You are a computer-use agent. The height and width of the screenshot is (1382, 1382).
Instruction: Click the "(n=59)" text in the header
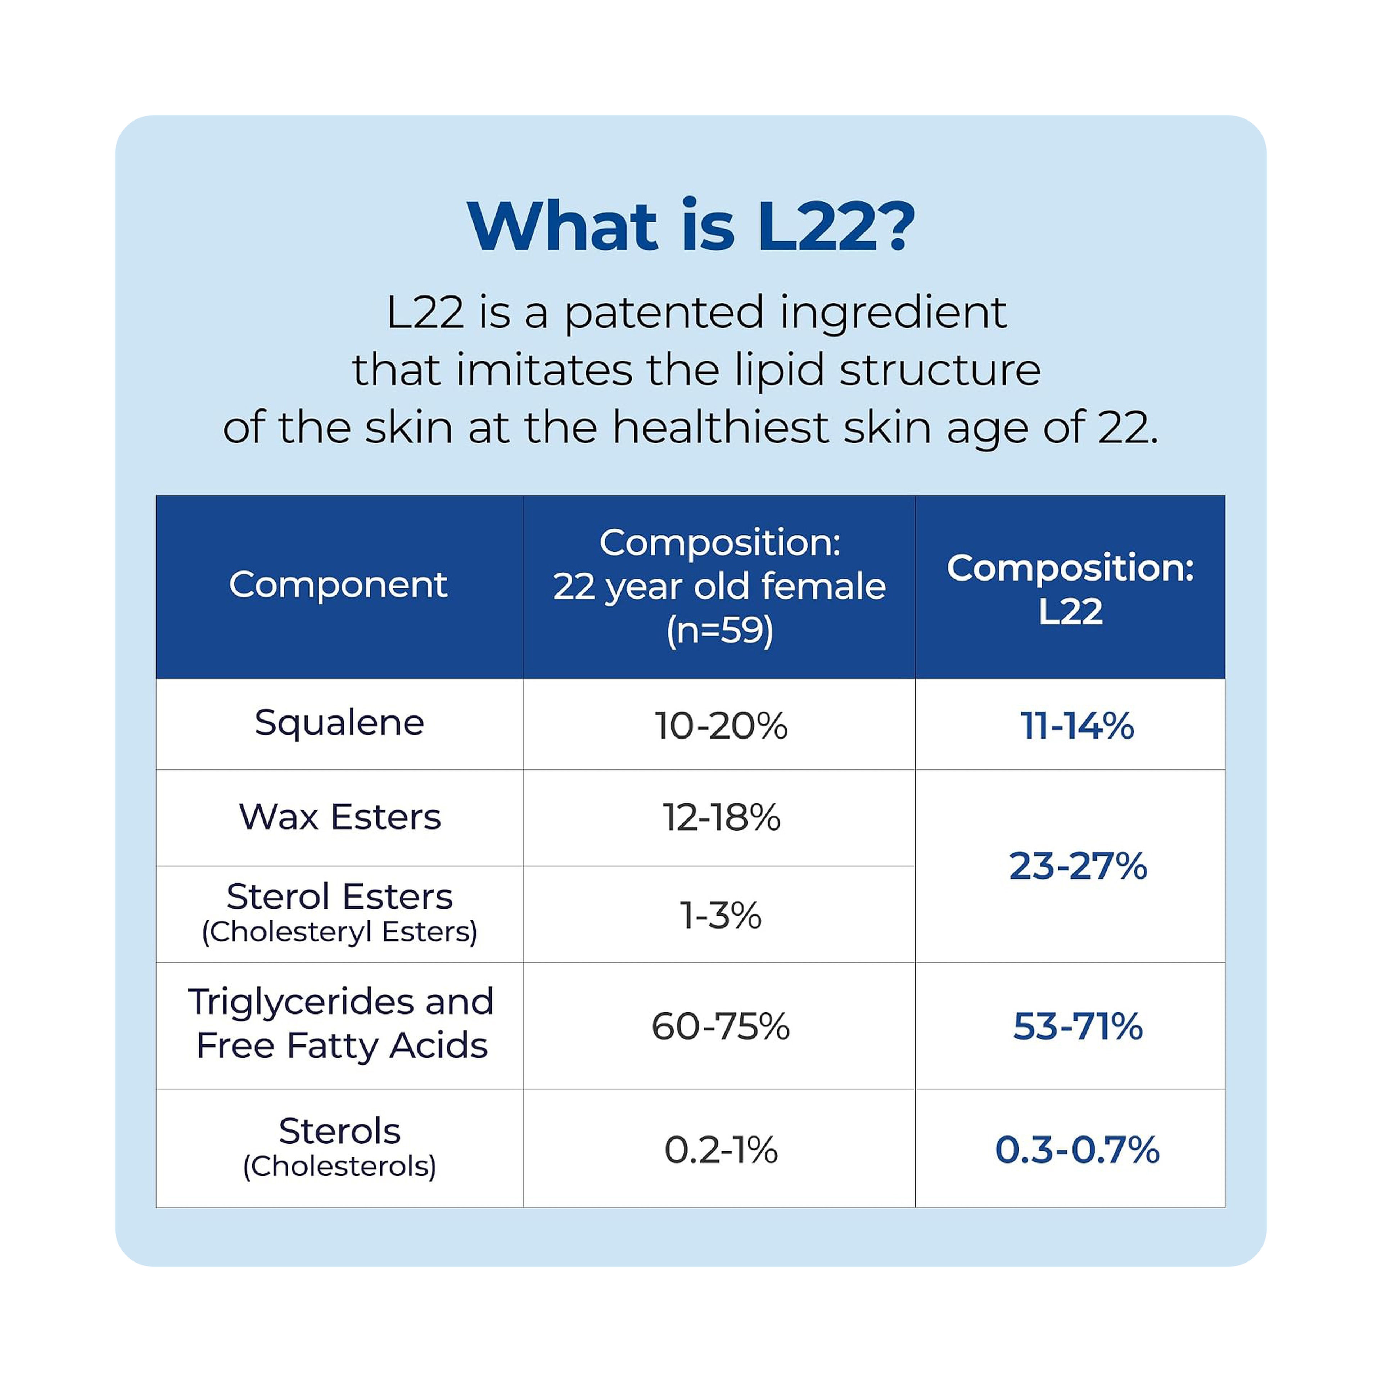pos(720,631)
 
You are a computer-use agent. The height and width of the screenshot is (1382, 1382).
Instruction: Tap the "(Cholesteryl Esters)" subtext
pos(339,932)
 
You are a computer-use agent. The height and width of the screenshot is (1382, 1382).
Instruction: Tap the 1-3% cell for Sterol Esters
pos(720,915)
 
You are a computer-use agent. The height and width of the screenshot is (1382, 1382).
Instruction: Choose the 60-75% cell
pos(720,1026)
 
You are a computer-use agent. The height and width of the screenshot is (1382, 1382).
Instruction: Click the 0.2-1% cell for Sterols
pos(720,1150)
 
